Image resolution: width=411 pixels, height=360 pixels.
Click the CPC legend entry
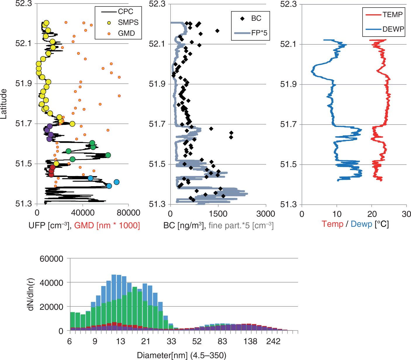[x=117, y=12]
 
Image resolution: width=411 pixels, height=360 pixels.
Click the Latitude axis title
[x=4, y=104]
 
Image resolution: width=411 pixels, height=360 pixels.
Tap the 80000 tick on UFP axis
[x=128, y=213]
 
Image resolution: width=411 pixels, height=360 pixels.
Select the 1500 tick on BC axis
[x=218, y=214]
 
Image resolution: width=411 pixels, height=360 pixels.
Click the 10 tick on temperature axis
[x=337, y=214]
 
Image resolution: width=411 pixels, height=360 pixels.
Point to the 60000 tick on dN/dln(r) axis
[x=51, y=259]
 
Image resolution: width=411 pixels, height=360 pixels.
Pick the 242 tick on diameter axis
[x=273, y=342]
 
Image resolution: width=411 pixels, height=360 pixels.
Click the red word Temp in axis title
[x=332, y=224]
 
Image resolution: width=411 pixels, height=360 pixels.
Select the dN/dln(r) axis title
[x=31, y=294]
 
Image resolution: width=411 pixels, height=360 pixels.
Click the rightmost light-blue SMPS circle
[x=117, y=182]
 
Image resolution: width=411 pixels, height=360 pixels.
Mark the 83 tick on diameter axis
[x=222, y=342]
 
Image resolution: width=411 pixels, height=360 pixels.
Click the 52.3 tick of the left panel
[x=23, y=4]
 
